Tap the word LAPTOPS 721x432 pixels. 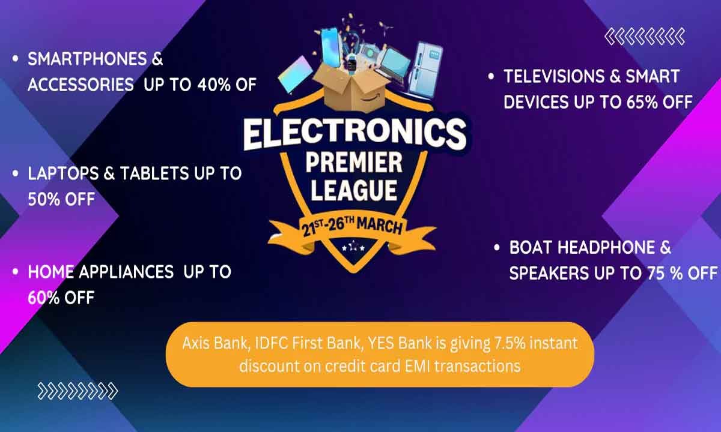click(63, 173)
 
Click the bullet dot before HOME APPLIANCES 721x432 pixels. click(16, 272)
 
